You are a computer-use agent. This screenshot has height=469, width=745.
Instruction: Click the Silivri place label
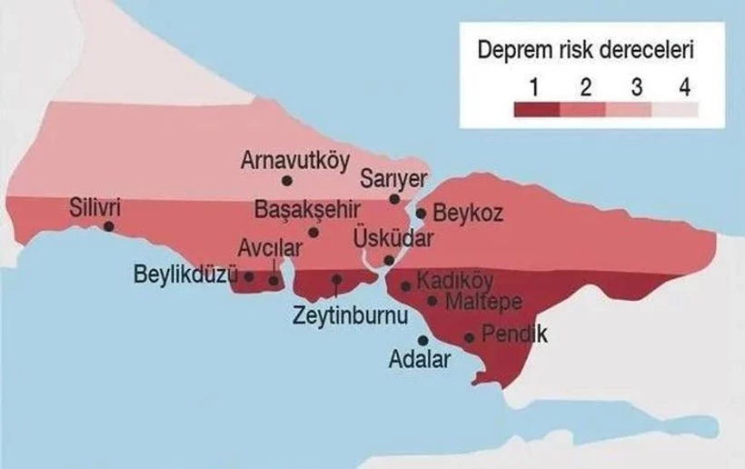tap(94, 208)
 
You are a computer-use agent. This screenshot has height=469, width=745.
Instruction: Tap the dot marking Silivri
tap(109, 226)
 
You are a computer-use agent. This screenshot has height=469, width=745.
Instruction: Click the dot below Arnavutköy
tap(287, 181)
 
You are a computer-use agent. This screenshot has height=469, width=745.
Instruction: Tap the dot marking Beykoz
tap(422, 214)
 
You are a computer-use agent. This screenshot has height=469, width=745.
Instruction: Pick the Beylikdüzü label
tap(185, 274)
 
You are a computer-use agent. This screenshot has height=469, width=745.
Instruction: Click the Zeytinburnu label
tap(349, 315)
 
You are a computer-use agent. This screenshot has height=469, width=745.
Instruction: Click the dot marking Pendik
tap(469, 337)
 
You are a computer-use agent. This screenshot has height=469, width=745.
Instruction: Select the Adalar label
tap(419, 360)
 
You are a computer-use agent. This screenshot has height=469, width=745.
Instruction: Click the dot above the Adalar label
tap(423, 340)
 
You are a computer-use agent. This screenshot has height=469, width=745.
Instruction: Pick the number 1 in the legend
tap(536, 88)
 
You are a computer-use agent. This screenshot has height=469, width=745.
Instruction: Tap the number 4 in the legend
tap(685, 88)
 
